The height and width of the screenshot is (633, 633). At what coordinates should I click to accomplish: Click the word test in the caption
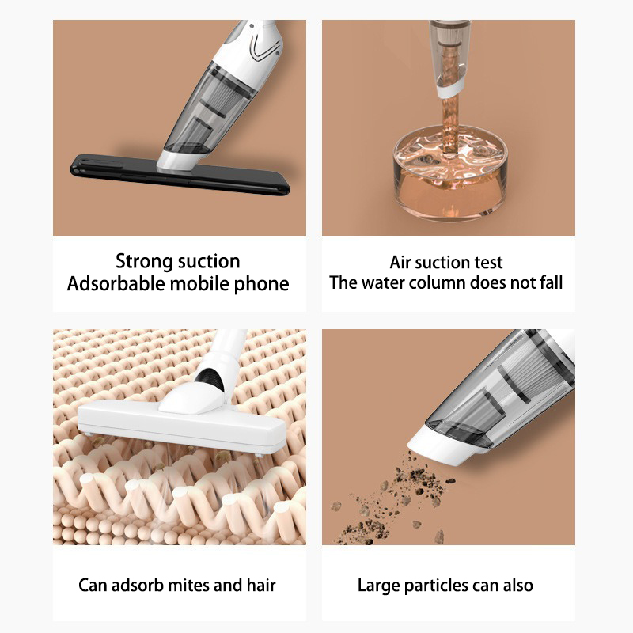488,263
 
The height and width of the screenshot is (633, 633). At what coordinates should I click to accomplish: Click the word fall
550,282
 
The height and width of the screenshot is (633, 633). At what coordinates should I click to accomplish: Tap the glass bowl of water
449,173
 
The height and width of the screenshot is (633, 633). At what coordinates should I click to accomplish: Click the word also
518,586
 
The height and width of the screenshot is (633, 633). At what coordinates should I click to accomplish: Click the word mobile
200,283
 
